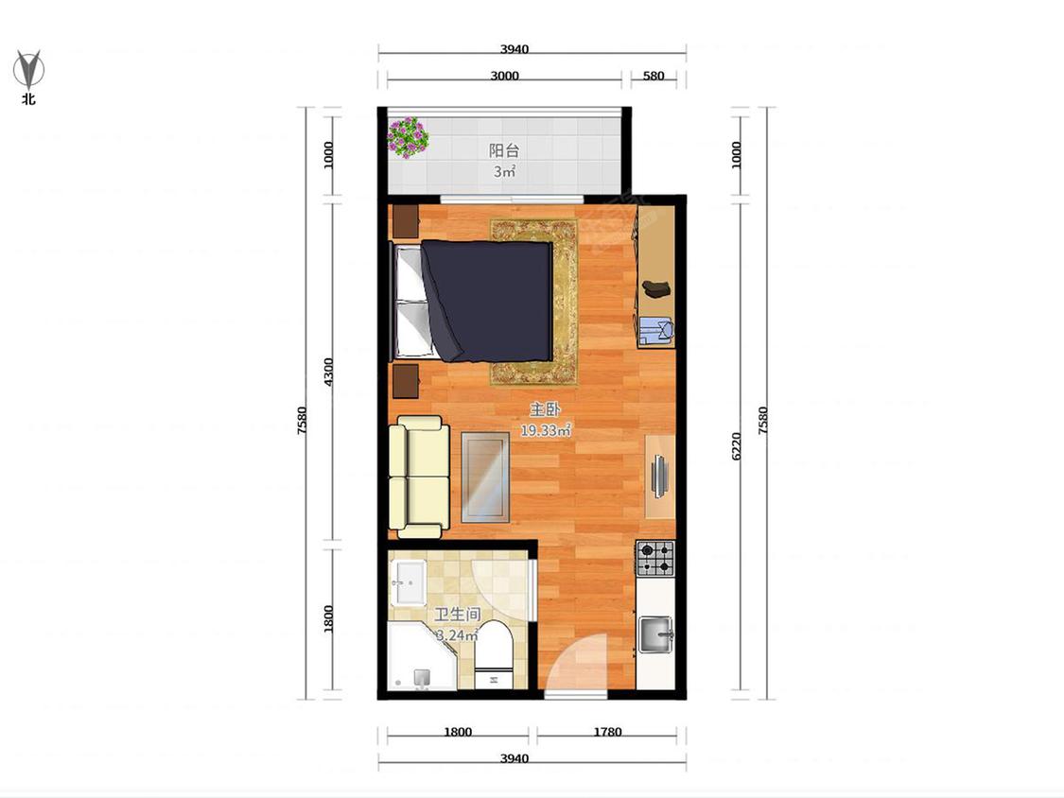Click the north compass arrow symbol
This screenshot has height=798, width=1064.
[28, 68]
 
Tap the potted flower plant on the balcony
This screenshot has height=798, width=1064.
[408, 137]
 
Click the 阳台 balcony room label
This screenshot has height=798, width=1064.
[504, 150]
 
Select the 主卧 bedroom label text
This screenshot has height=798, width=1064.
[545, 409]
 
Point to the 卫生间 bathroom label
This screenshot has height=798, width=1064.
[458, 615]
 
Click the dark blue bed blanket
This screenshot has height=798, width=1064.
[486, 300]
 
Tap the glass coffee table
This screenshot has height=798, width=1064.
[486, 477]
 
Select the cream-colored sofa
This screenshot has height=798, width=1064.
[419, 477]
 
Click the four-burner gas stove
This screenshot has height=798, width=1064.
[655, 559]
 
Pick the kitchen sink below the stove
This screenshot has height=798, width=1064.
[655, 634]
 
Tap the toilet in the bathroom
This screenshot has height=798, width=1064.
[494, 655]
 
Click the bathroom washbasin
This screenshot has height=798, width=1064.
[410, 582]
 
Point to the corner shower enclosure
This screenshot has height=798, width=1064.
[421, 656]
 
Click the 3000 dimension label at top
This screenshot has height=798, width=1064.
[505, 76]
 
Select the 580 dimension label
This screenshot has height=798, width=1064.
[654, 76]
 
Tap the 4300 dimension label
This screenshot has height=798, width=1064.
[328, 372]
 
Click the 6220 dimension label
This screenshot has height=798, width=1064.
[737, 446]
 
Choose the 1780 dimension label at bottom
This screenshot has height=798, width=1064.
[607, 732]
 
